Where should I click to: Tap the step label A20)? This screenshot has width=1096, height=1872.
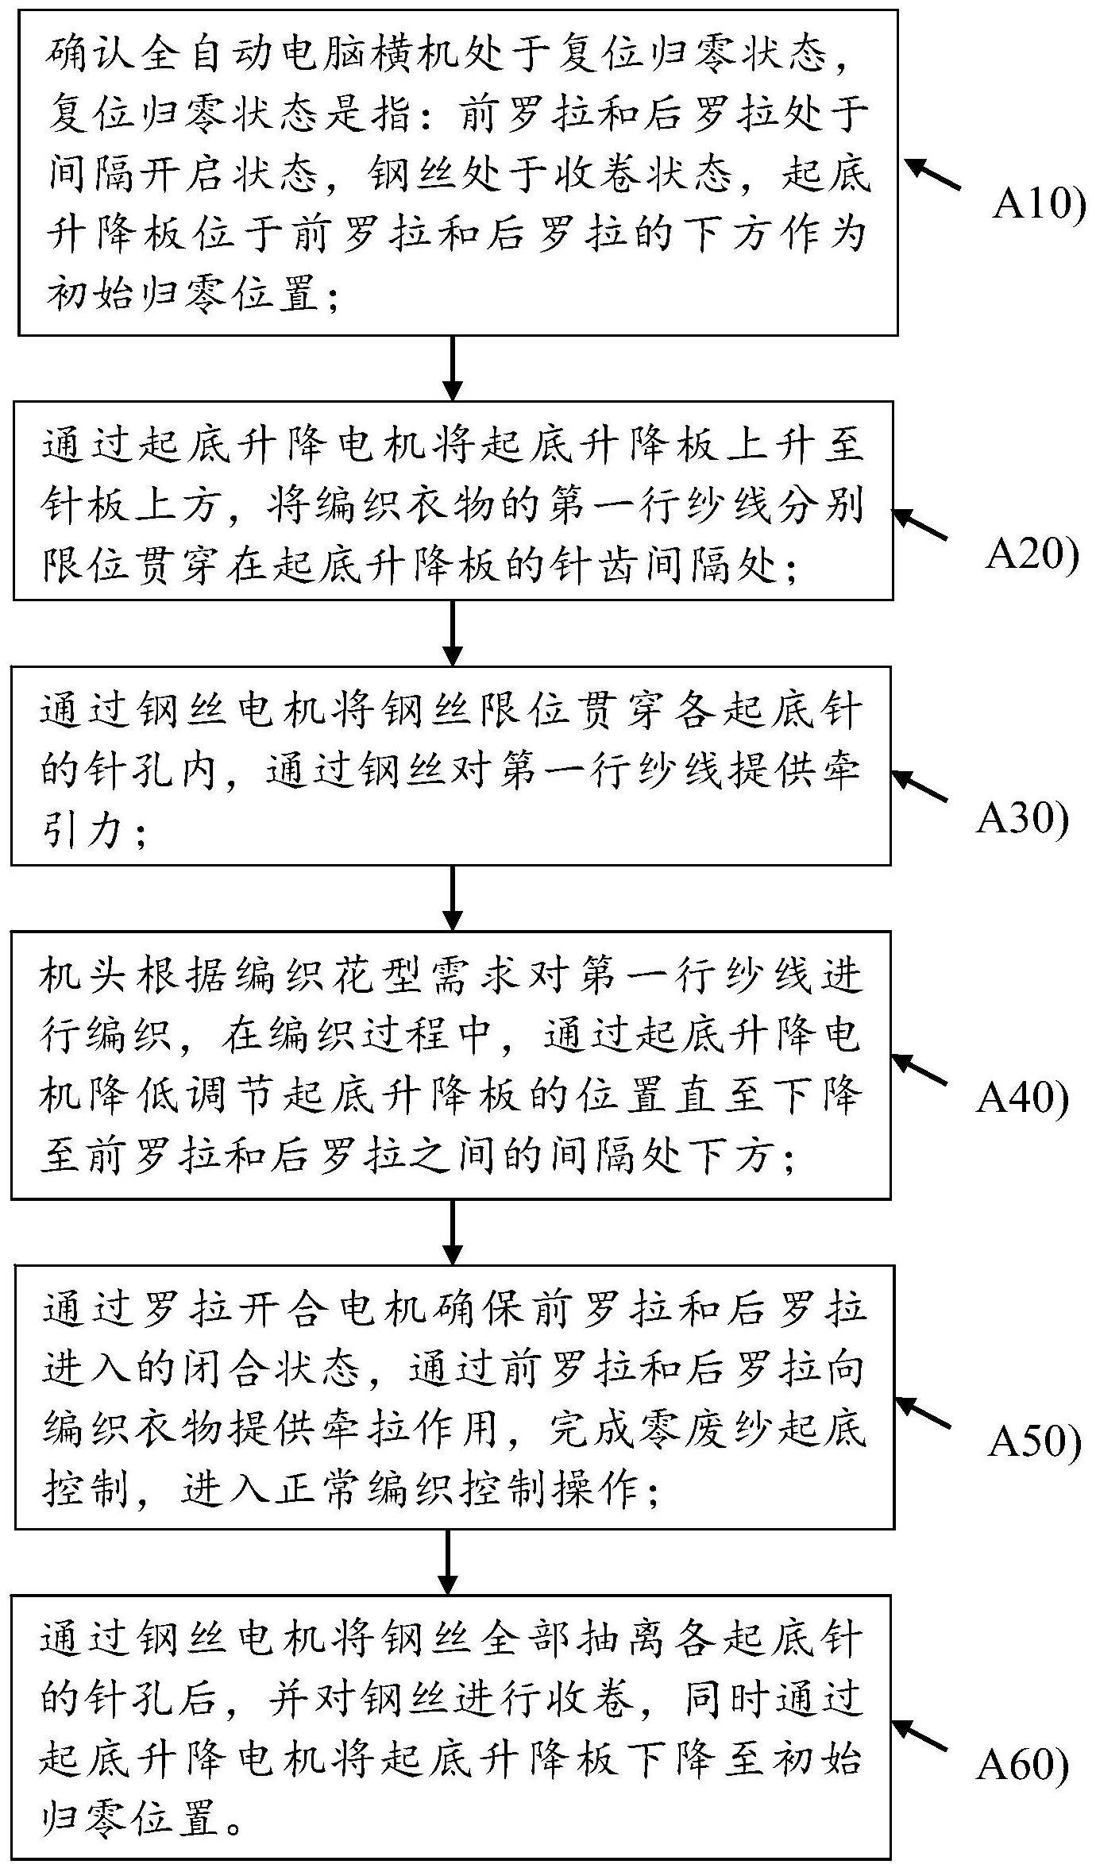(1032, 555)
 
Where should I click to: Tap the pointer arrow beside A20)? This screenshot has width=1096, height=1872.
(920, 524)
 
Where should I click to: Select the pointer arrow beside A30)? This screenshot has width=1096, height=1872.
(920, 786)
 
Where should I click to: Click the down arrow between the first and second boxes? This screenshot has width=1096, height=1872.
(452, 368)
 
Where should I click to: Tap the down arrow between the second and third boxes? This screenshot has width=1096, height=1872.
(452, 632)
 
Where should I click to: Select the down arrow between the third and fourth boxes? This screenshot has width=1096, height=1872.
(452, 897)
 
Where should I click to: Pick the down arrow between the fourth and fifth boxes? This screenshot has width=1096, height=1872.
(452, 1231)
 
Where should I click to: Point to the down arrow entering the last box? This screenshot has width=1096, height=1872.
(449, 1561)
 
